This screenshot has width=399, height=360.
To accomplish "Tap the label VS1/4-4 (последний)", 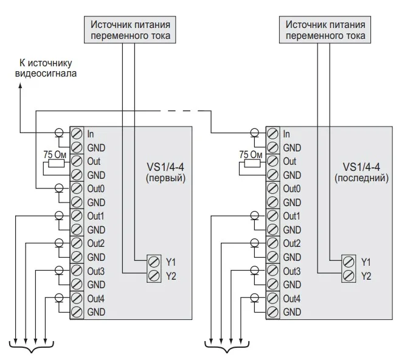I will point(361,173).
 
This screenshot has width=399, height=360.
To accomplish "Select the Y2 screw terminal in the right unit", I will point(349,275).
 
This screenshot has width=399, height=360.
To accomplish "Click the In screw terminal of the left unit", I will point(77,133).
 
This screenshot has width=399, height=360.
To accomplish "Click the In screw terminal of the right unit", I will point(272,133).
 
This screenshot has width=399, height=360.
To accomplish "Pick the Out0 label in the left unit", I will point(96,189).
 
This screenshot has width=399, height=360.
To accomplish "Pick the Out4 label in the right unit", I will point(292,299).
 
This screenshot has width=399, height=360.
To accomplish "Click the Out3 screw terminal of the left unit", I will point(77,271).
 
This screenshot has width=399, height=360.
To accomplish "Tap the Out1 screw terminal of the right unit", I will point(272,216).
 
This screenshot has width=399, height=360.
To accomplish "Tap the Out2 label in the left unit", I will point(96,243).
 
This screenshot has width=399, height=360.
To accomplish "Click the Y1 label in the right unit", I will point(366,261).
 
